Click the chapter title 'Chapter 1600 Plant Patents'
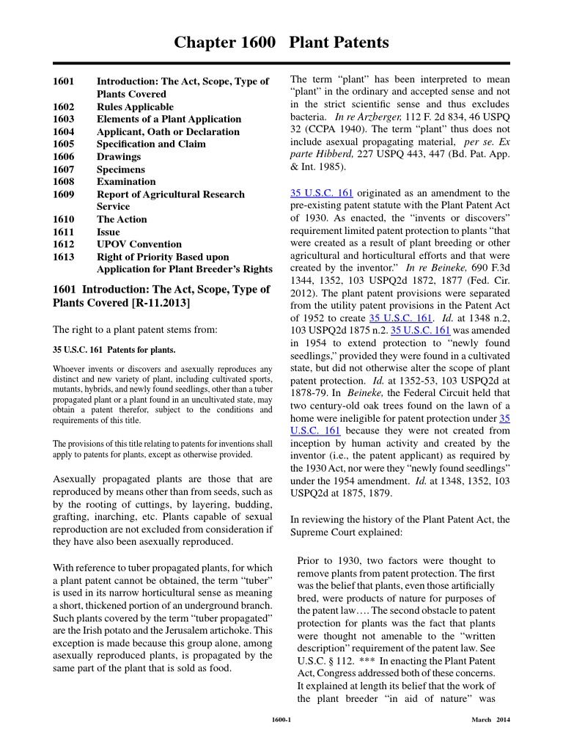point(281,43)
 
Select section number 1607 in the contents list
point(64,169)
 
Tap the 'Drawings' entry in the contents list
point(119,157)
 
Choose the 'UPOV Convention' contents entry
point(139,244)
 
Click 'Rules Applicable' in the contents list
point(136,106)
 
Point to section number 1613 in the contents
point(64,257)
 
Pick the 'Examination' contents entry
point(126,182)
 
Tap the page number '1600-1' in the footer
point(281,719)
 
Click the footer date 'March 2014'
point(490,719)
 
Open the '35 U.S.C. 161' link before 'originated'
point(322,193)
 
